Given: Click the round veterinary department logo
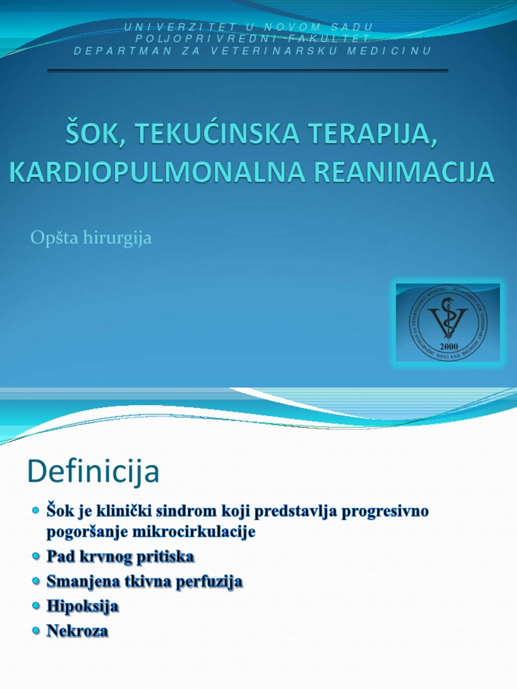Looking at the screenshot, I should [x=448, y=322].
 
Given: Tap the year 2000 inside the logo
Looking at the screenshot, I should [x=448, y=346].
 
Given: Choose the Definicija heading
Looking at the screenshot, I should [x=94, y=472].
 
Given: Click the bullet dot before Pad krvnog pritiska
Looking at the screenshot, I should [x=36, y=557].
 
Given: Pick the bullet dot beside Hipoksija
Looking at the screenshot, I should [x=36, y=606].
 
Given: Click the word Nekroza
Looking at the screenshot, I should [x=77, y=631].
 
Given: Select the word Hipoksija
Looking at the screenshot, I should [x=83, y=606].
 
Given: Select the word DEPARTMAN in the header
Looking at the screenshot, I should [x=122, y=50].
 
